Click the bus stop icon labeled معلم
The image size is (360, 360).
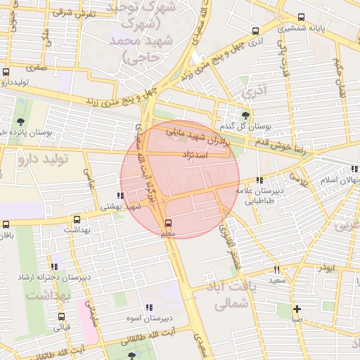[x=166, y=223]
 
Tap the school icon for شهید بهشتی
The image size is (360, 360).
[x=121, y=195]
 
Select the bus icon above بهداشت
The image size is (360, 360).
[x=77, y=219]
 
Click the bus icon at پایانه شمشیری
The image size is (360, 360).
[x=301, y=18]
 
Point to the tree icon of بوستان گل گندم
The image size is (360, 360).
[x=245, y=115]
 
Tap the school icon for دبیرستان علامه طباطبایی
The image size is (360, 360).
[x=259, y=179]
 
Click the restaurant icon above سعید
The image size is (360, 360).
[x=276, y=269]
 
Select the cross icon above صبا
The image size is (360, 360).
[x=297, y=309]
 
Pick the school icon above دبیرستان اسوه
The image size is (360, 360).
[x=148, y=307]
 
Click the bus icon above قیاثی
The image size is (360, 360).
[x=61, y=316]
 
